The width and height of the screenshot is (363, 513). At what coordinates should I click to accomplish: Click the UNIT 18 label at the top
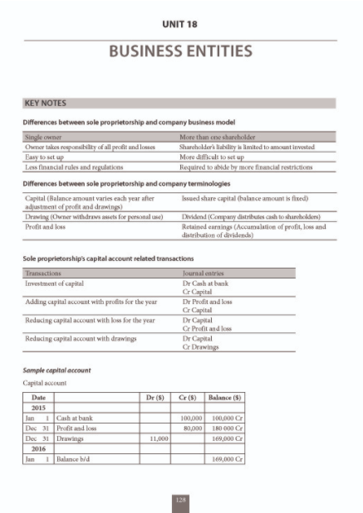pos(181,24)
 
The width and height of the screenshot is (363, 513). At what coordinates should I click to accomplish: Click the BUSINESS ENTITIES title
pos(181,52)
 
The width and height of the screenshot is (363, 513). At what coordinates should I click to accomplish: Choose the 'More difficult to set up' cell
pos(217,156)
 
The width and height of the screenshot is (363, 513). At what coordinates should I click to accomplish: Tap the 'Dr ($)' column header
pos(155,399)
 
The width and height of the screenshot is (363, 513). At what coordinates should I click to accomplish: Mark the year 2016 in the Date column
pos(38,447)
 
